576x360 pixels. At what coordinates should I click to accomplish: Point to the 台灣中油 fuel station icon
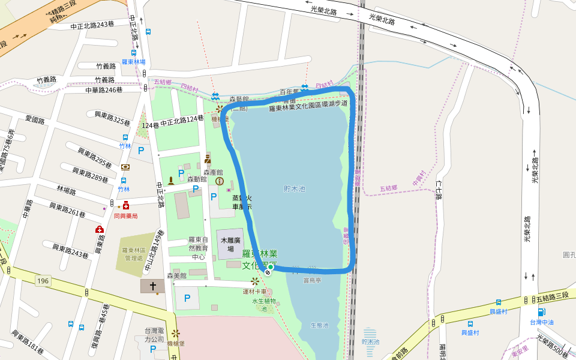click(541, 312)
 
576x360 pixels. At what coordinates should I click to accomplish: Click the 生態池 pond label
click(319, 325)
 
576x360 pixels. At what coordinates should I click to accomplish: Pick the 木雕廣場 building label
click(230, 244)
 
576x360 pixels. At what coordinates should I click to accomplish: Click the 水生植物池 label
click(264, 305)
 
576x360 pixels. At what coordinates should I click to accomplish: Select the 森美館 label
click(177, 276)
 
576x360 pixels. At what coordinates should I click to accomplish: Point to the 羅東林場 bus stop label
click(133, 62)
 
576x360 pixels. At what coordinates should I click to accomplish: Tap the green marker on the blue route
click(271, 267)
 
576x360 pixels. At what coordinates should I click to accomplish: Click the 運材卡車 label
click(254, 292)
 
